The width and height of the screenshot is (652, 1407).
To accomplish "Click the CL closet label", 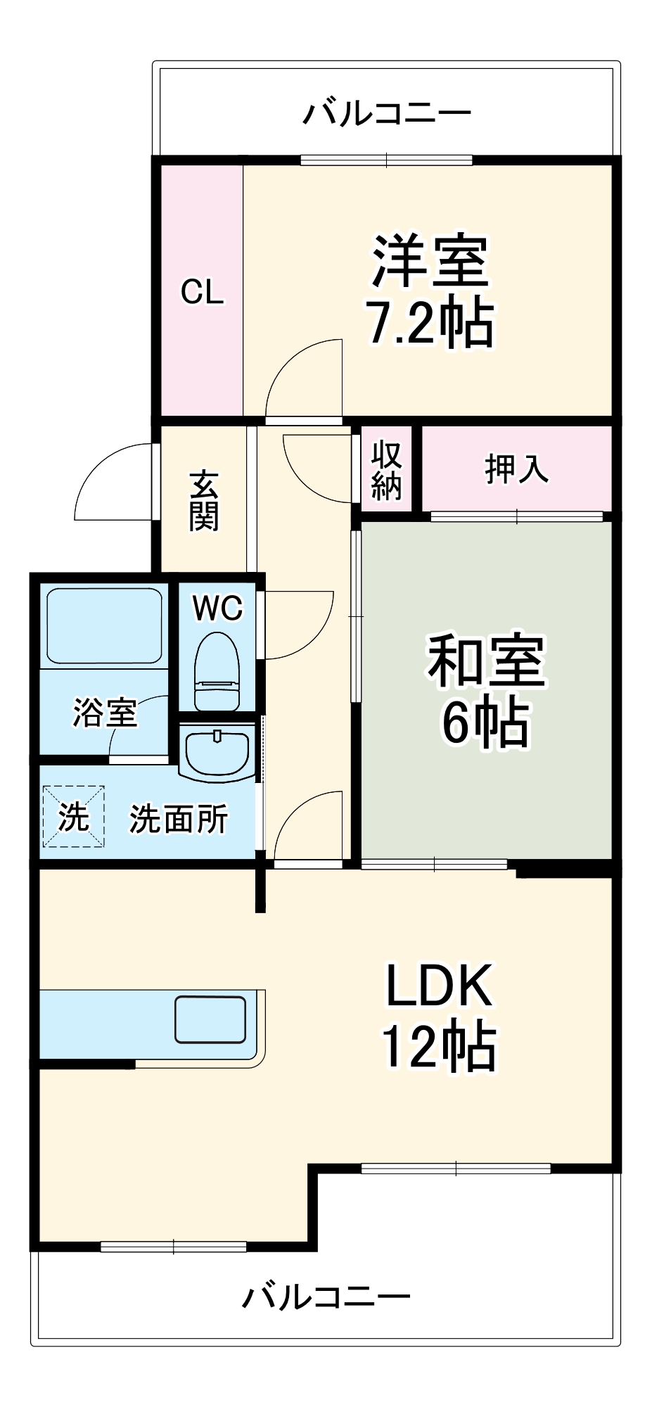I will (x=202, y=292).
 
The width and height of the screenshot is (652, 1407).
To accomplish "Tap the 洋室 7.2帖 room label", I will (x=430, y=292).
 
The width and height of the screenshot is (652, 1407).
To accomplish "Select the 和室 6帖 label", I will (x=485, y=691).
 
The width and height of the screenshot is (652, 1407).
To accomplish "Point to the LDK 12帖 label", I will (x=440, y=1017).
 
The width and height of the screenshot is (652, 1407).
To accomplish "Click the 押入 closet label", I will (x=516, y=469).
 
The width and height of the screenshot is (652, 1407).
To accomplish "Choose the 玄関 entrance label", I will (x=204, y=500).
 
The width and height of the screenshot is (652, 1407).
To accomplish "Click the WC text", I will (x=217, y=609).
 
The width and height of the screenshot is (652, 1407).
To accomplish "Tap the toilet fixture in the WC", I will (x=217, y=672).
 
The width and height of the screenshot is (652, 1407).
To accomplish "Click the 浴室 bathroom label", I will (x=105, y=713).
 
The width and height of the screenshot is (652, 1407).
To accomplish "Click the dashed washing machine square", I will (x=73, y=816).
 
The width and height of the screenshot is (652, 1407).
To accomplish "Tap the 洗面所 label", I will (x=179, y=819).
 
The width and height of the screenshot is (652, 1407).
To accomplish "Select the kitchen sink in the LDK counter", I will (x=210, y=1019).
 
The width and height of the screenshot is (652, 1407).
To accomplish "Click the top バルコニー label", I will (x=386, y=113).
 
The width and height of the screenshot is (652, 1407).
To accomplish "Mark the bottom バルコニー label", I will (x=326, y=1296).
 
